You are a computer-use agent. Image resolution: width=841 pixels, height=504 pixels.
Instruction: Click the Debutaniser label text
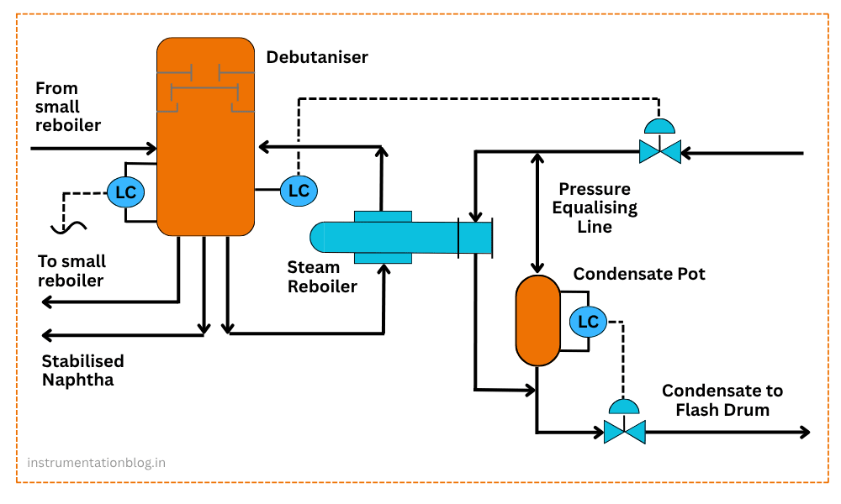317,57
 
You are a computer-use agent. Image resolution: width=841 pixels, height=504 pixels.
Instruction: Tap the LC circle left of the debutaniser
125,192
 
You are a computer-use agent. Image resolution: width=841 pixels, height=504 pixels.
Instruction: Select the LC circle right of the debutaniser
299,190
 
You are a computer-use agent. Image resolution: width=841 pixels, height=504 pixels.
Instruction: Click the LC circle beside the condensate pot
588,321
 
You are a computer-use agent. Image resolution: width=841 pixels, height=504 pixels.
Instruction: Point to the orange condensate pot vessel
537,320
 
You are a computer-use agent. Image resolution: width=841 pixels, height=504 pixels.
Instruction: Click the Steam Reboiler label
322,277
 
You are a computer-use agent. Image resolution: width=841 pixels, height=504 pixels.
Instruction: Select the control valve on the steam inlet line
659,151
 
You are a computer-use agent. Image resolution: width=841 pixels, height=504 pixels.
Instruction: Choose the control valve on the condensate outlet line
624,432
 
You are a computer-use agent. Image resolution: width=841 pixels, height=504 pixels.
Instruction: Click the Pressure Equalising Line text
595,208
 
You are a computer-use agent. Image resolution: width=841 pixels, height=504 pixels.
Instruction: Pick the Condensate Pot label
639,274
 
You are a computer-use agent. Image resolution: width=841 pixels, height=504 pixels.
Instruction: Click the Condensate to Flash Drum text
722,400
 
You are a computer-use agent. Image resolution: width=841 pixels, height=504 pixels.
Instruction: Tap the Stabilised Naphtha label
82,370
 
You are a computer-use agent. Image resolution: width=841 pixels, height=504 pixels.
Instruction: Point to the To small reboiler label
71,271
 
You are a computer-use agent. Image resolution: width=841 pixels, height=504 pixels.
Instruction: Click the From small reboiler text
67,107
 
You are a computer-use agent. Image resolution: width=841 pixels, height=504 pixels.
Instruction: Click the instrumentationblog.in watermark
96,463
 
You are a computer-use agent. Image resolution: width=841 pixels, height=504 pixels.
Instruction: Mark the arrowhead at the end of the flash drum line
804,432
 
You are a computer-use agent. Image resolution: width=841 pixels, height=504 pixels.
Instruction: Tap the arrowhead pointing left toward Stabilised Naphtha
49,334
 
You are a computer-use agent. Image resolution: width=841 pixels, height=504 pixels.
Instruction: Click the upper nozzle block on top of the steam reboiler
383,216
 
